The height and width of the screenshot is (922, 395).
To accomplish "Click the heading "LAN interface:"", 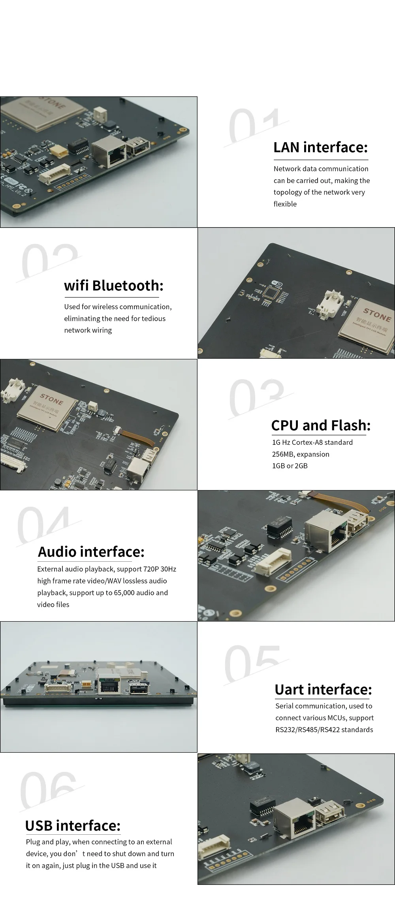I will (x=320, y=147).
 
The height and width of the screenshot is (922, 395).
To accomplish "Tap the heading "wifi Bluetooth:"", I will (x=113, y=285).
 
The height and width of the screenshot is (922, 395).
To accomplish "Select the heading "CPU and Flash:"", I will (x=321, y=425).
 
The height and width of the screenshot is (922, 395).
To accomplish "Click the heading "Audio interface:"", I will (x=91, y=552).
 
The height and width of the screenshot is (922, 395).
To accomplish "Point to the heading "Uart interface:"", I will (x=323, y=689).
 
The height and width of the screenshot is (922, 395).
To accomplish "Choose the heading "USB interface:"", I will (x=73, y=826).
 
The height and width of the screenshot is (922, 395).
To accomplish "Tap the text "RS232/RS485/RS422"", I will (x=307, y=729).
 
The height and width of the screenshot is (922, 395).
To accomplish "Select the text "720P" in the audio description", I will (x=152, y=569).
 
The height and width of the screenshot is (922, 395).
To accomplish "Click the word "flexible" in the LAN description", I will (x=285, y=204).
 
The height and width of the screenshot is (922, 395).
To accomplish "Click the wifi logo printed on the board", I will (x=278, y=283).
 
